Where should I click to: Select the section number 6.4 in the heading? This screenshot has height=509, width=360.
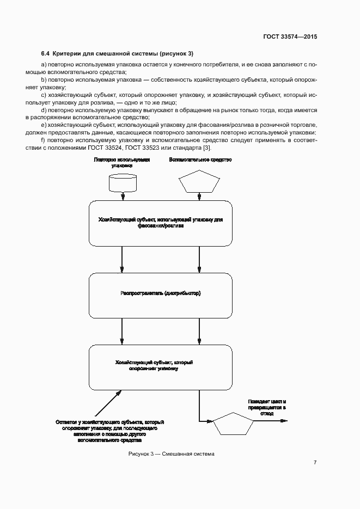(x=45, y=53)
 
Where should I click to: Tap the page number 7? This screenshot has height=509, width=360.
(x=315, y=462)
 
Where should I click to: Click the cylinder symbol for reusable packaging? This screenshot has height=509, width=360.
(x=123, y=182)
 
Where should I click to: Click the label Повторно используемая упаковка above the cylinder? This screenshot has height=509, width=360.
(x=122, y=162)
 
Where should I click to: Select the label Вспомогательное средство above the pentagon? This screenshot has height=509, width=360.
(x=200, y=160)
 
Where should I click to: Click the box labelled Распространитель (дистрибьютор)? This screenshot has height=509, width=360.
(x=161, y=293)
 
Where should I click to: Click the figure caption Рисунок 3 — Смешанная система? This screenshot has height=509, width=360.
(x=172, y=454)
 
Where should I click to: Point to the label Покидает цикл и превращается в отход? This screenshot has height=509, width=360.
(x=267, y=407)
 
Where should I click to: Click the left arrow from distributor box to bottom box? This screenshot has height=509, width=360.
(x=123, y=330)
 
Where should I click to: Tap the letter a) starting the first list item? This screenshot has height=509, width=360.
(x=44, y=65)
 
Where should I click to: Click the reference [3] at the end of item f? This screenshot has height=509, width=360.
(x=206, y=148)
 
